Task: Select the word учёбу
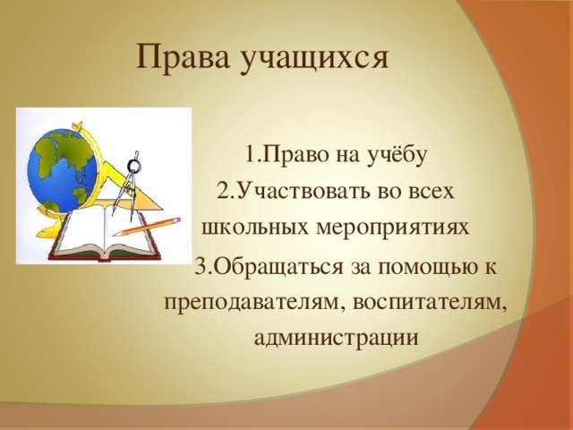tap(400, 154)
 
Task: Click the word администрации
tap(336, 338)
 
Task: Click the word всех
tap(433, 192)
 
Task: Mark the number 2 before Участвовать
tap(223, 192)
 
